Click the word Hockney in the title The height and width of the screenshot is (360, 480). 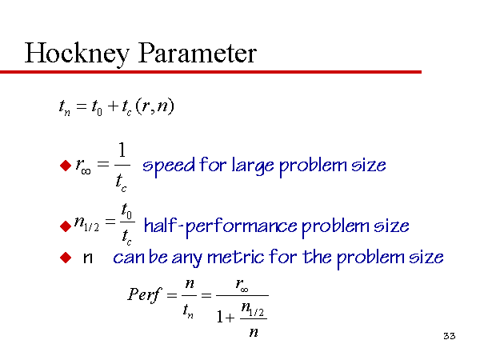coord(77,54)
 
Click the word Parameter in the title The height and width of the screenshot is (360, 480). coord(198,53)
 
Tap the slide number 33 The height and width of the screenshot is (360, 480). coord(450,336)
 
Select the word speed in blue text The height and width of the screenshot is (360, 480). coord(169,166)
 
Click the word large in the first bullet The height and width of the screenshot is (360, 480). coord(253,166)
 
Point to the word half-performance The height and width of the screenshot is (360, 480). coord(221,226)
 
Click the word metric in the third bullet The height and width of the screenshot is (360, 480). coord(235,257)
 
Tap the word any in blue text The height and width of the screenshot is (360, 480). coord(186,258)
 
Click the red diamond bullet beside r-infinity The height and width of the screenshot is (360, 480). coord(66,166)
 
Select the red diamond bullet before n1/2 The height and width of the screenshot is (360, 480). coord(66,226)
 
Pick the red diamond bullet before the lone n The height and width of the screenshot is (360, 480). coord(66,258)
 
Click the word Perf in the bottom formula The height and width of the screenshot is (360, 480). coord(144,295)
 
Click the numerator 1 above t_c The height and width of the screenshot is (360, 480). coord(122,150)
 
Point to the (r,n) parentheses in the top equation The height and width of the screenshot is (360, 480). coord(154,106)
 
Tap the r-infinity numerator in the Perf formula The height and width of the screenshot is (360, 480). coord(242,285)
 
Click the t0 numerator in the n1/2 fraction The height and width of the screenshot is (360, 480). coord(126,210)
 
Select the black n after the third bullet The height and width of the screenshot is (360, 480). coord(88,258)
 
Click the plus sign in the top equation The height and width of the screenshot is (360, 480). coord(113,106)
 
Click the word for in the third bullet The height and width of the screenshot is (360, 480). coord(282,256)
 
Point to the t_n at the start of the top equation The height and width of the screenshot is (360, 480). coord(65,108)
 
